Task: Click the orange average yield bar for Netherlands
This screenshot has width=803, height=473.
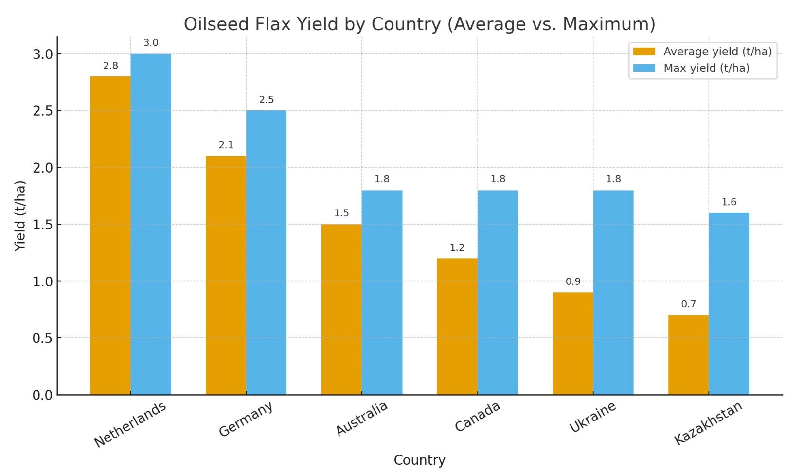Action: click(110, 235)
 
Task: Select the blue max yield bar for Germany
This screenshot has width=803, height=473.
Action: click(266, 252)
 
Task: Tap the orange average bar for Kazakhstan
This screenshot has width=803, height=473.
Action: click(688, 355)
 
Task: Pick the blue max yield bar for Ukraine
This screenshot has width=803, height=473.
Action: click(613, 292)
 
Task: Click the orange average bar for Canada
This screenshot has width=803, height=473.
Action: click(457, 326)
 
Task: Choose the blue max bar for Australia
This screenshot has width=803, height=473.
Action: click(382, 292)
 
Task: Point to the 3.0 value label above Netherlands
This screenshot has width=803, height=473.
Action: click(151, 43)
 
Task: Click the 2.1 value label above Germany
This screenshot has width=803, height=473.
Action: click(226, 145)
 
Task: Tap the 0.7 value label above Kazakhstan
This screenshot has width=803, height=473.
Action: click(688, 304)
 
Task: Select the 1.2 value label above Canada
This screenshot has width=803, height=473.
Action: click(457, 247)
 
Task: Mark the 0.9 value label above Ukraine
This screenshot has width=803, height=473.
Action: click(573, 281)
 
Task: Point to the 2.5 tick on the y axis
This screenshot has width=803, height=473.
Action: click(43, 111)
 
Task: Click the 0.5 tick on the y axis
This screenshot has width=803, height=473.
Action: click(43, 338)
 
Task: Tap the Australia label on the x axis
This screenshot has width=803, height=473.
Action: click(362, 419)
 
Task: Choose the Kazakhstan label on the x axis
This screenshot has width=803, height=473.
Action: click(708, 423)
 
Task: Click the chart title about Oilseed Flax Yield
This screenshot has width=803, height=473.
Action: click(419, 24)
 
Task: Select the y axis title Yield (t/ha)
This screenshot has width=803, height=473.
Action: click(20, 216)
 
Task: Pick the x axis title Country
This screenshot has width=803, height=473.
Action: click(419, 460)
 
